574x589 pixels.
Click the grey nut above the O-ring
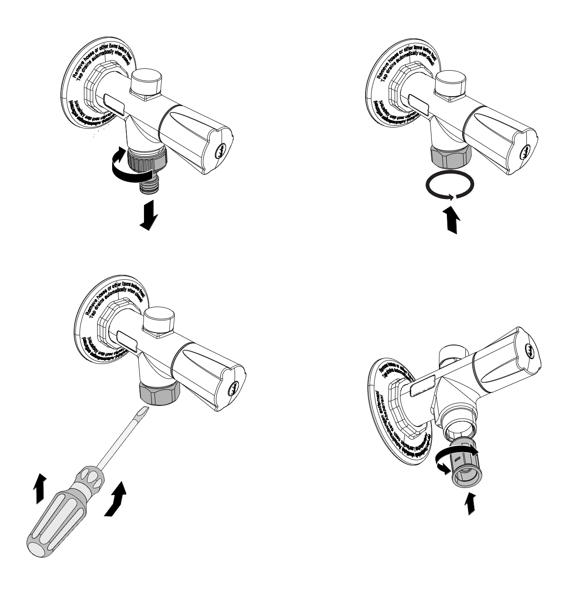[x=450, y=157]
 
